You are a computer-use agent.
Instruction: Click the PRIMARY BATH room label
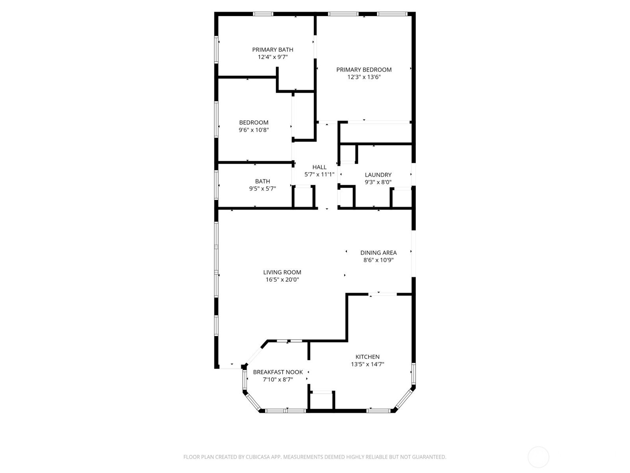pos(272,50)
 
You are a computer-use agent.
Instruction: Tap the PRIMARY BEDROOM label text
pos(364,70)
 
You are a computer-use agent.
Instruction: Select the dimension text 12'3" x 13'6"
pos(364,77)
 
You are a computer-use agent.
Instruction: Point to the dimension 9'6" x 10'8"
pos(254,130)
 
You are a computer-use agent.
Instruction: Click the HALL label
pos(319,167)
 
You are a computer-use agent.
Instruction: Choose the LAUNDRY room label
pos(378,175)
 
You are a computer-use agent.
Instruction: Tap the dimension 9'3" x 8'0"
pos(378,182)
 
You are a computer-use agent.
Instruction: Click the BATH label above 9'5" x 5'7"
pos(263,181)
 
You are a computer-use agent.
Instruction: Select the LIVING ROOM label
pos(282,272)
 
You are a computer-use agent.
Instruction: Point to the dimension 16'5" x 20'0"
pos(282,280)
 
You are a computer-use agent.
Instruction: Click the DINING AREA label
pos(378,253)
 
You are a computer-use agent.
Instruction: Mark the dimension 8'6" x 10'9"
pos(378,260)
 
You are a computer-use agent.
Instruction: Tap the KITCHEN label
pos(367,357)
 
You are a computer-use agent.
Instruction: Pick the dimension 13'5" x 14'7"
pos(367,365)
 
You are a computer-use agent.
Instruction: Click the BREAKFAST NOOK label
pos(278,372)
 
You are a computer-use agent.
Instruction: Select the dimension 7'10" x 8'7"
pos(278,380)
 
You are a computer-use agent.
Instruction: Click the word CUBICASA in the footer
pos(258,457)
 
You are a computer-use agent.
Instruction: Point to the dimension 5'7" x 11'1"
pos(319,174)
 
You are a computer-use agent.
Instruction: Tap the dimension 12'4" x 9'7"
pos(272,57)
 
